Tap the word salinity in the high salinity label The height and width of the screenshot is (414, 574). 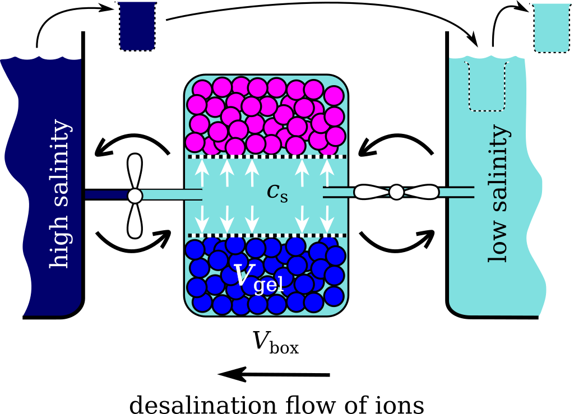click(59, 162)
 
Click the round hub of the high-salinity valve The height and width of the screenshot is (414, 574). click(135, 196)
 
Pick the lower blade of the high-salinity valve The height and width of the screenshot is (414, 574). click(135, 221)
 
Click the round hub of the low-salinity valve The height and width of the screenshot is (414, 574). click(396, 192)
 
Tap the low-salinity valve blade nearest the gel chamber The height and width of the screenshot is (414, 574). click(371, 192)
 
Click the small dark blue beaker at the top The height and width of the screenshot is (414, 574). click(137, 26)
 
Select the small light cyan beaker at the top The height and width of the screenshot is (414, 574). click(552, 27)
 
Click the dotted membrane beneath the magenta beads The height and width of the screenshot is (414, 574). click(266, 156)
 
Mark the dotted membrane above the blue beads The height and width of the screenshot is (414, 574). click(266, 235)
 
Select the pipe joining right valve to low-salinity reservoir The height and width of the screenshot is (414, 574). click(456, 192)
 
